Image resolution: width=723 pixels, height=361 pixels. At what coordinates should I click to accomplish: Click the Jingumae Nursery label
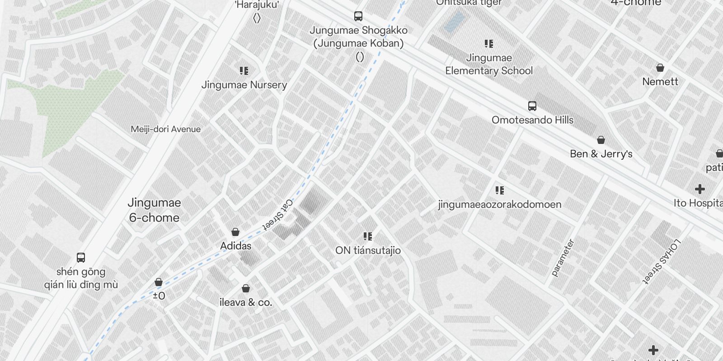244,85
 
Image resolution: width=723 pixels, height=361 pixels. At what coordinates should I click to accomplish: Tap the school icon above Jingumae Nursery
244,71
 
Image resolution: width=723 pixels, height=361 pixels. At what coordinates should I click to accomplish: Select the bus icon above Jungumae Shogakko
358,16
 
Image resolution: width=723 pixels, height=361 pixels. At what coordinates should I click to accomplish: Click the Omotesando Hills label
532,120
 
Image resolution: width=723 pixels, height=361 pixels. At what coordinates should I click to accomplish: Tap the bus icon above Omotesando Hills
532,106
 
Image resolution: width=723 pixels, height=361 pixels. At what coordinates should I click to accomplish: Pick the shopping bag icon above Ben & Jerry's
601,140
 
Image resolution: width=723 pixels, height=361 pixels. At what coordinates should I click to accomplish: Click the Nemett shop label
660,82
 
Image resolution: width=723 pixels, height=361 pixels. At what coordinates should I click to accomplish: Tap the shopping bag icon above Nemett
660,68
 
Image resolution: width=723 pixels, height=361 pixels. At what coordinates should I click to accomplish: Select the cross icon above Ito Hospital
700,189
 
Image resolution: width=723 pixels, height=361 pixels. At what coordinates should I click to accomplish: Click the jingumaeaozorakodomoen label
500,204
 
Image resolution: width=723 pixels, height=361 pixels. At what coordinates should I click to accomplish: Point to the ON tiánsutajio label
368,250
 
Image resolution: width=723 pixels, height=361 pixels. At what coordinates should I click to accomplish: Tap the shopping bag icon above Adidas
235,232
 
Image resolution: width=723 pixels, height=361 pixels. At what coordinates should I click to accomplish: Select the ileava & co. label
246,302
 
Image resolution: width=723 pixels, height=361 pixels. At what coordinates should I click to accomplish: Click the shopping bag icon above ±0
159,282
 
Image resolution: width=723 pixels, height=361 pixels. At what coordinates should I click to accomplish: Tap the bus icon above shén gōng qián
81,258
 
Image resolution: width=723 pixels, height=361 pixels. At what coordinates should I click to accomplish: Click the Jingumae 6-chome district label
154,210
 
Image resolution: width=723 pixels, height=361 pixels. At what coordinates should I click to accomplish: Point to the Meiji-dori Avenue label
165,130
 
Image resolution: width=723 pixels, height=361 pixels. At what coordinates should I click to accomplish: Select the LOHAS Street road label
662,261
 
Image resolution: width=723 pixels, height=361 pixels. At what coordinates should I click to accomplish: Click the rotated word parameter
563,258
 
